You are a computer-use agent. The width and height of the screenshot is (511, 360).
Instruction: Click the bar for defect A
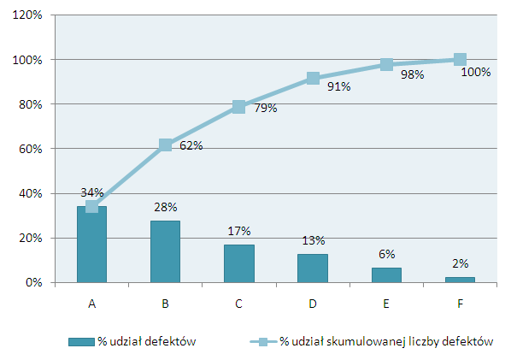pyautogui.click(x=91, y=245)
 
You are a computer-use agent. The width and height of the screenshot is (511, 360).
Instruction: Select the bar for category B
pyautogui.click(x=165, y=251)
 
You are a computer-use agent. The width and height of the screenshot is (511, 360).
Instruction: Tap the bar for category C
pyautogui.click(x=239, y=263)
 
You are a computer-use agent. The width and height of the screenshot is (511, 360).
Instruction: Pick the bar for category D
pyautogui.click(x=313, y=268)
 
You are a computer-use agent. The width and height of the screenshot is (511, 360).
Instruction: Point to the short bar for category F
pyautogui.click(x=460, y=280)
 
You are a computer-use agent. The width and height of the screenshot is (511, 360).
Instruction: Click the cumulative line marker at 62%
pyautogui.click(x=165, y=145)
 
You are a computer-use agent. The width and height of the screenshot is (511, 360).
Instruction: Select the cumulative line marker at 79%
pyautogui.click(x=239, y=107)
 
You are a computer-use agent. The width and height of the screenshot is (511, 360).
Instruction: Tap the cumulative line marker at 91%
pyautogui.click(x=313, y=79)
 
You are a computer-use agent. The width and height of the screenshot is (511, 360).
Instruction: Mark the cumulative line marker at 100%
pyautogui.click(x=460, y=60)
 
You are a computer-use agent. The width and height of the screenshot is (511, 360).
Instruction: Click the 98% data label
pyautogui.click(x=412, y=74)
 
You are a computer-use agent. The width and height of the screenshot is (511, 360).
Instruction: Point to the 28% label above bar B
pyautogui.click(x=166, y=207)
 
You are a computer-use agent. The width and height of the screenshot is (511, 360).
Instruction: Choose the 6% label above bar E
pyautogui.click(x=387, y=254)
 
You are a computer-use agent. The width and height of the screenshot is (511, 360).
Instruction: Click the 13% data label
pyautogui.click(x=314, y=240)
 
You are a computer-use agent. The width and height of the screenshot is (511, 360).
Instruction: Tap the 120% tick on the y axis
pyautogui.click(x=27, y=15)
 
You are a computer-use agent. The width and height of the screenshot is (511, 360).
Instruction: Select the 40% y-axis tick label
pyautogui.click(x=31, y=194)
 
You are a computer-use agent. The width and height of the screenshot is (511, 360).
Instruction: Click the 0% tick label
pyautogui.click(x=34, y=282)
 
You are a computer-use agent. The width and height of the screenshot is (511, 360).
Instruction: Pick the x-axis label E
pyautogui.click(x=386, y=304)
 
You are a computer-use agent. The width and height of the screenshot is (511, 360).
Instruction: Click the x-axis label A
pyautogui.click(x=92, y=304)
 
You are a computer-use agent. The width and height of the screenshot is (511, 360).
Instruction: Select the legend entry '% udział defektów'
pyautogui.click(x=132, y=341)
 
